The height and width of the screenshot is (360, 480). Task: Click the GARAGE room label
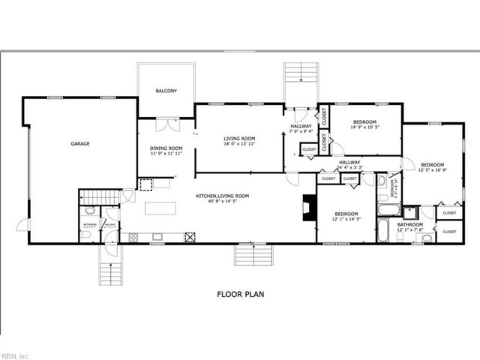click(x=80, y=142)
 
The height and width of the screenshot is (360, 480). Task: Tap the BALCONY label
click(x=166, y=91)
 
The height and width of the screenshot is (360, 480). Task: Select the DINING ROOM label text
click(x=166, y=148)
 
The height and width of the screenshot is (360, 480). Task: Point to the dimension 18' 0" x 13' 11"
click(x=240, y=144)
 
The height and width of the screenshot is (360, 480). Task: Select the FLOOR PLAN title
click(x=239, y=295)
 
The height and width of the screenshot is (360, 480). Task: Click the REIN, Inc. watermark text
click(x=15, y=355)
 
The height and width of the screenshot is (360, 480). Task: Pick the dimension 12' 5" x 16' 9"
click(x=431, y=170)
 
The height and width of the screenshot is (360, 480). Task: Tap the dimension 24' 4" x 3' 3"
click(x=349, y=167)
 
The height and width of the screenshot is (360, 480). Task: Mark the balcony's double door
click(x=166, y=118)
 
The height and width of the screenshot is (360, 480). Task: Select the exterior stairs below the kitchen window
click(x=253, y=257)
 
